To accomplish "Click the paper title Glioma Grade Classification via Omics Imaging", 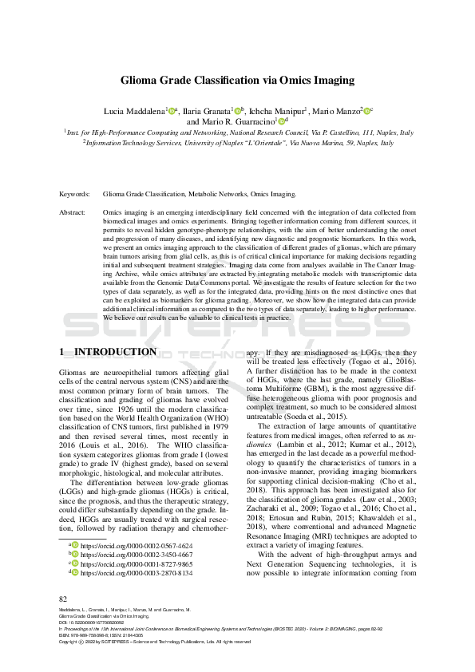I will pyautogui.click(x=237, y=81).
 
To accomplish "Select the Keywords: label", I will pyautogui.click(x=76, y=194).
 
